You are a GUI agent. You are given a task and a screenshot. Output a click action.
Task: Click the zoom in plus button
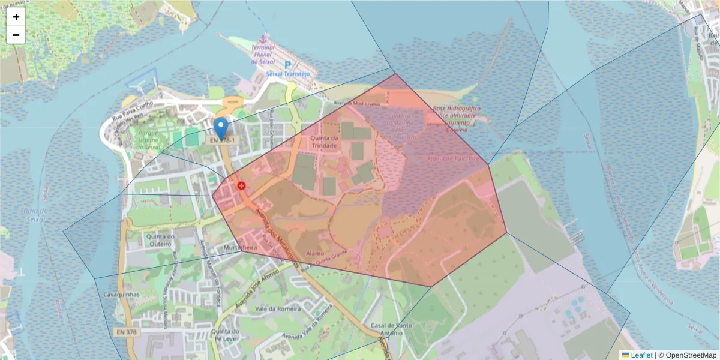(x=16, y=17)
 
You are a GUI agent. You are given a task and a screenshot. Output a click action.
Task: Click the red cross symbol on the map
(x=241, y=186)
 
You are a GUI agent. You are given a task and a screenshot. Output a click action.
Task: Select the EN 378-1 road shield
(x=223, y=140)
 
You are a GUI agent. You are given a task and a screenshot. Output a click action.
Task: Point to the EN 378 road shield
(x=125, y=332)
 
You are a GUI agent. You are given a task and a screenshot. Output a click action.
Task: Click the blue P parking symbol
(x=287, y=65)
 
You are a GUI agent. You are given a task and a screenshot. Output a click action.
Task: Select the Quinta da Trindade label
(x=325, y=141)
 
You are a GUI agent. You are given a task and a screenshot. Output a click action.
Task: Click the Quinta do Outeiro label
(x=160, y=240)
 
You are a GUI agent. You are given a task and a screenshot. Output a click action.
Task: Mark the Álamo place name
(x=315, y=254)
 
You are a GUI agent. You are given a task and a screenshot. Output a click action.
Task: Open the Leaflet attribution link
(x=641, y=355)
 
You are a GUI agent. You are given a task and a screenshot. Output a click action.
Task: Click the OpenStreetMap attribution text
(x=691, y=355)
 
